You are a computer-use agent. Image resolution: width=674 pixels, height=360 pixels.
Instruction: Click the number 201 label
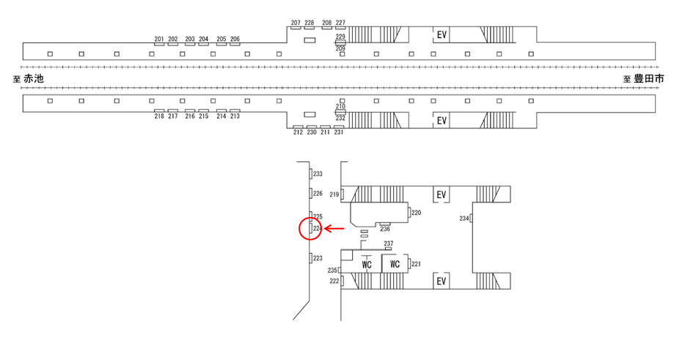tap(159, 39)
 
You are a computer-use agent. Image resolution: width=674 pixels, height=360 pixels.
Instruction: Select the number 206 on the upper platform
tap(235, 39)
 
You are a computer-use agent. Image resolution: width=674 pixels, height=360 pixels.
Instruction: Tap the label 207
tap(296, 23)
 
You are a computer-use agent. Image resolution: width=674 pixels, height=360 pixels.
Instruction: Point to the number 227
tap(340, 23)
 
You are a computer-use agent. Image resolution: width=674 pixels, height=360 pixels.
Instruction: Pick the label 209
tap(340, 48)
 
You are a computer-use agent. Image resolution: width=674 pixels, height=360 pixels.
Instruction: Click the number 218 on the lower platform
tap(159, 116)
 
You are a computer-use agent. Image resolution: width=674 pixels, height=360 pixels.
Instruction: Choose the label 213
tap(235, 116)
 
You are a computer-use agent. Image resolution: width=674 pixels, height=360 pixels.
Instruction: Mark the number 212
tap(298, 132)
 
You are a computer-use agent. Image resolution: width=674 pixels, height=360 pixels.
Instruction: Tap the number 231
tap(339, 132)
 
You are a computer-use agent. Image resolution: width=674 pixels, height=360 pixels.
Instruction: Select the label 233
tap(318, 174)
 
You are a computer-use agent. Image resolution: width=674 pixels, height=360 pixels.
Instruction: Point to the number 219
tap(334, 194)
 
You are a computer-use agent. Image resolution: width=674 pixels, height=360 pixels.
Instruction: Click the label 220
tap(416, 213)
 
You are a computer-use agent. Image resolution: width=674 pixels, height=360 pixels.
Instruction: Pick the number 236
tap(384, 229)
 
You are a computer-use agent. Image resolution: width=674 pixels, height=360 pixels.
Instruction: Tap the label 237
tap(389, 243)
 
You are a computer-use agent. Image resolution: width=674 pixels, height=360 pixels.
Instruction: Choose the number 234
tap(464, 218)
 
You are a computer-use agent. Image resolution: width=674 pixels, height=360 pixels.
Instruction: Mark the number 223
tap(318, 258)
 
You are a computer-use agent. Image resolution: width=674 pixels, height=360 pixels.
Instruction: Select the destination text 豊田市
tap(648, 78)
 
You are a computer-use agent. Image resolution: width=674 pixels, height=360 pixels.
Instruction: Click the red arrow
tap(336, 229)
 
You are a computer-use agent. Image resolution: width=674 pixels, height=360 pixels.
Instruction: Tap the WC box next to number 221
tap(395, 264)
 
